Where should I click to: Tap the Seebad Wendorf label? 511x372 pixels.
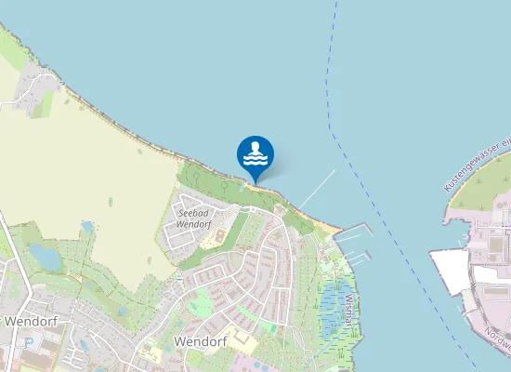click(x=194, y=219)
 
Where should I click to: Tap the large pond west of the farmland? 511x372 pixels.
click(x=44, y=257)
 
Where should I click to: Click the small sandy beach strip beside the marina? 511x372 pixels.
click(x=326, y=225)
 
